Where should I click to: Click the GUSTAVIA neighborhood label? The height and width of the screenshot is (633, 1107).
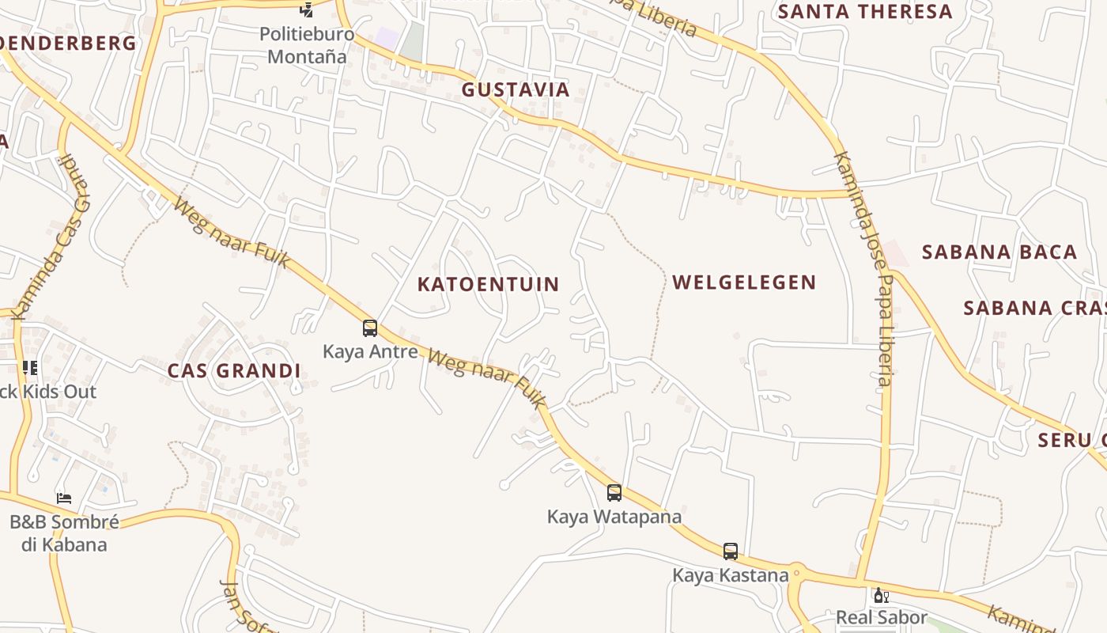click(x=516, y=89)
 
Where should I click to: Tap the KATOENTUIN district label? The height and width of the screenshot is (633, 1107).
click(x=488, y=284)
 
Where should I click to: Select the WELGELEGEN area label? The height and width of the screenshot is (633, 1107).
click(x=744, y=282)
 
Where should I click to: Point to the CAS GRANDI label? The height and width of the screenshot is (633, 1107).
click(x=233, y=370)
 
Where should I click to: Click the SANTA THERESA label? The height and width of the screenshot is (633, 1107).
click(x=865, y=12)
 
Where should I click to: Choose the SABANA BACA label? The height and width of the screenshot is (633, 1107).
click(x=999, y=252)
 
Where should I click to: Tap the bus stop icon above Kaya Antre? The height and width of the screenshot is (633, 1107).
click(x=369, y=328)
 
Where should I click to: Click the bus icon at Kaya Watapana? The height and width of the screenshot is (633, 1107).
click(x=614, y=493)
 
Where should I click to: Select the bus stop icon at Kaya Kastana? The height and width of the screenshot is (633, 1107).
click(x=731, y=552)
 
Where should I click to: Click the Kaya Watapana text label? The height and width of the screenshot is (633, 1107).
click(x=614, y=517)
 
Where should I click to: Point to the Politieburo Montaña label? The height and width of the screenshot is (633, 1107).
click(x=307, y=45)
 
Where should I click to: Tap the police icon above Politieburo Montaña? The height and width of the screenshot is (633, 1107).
click(x=306, y=9)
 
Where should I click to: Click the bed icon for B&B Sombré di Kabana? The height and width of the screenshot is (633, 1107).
click(x=64, y=498)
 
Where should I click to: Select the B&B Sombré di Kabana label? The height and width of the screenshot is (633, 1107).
click(x=64, y=533)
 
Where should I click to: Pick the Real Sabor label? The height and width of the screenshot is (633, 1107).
click(x=881, y=617)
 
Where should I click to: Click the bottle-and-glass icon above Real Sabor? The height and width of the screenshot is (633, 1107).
click(x=881, y=595)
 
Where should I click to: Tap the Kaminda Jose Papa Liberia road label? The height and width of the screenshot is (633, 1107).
click(x=863, y=269)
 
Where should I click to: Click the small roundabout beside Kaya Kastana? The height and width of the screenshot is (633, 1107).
click(x=797, y=574)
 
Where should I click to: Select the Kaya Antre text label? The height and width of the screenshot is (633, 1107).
click(x=369, y=351)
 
